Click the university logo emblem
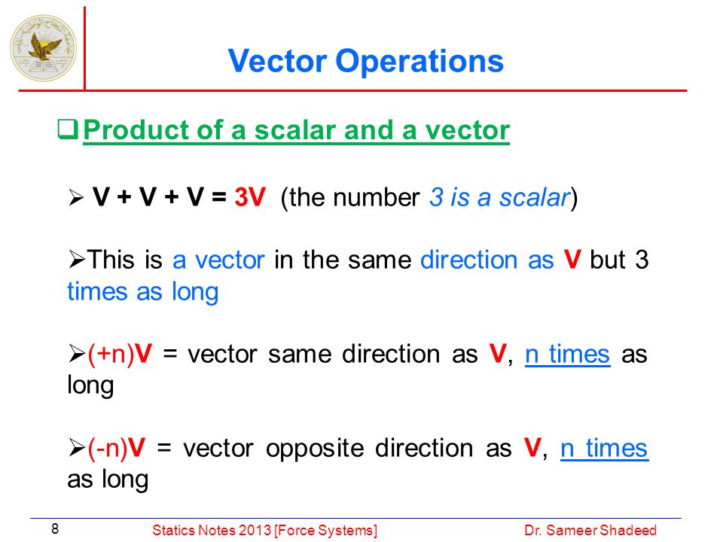click(x=44, y=48)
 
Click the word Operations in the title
click(x=419, y=62)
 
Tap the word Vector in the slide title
click(x=278, y=61)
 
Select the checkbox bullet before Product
click(x=68, y=129)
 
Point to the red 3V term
click(x=250, y=197)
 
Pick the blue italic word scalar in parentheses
click(x=535, y=198)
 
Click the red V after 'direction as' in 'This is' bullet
click(x=572, y=259)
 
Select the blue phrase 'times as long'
click(x=143, y=293)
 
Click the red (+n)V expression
click(x=120, y=355)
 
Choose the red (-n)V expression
click(x=117, y=449)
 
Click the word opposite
click(x=315, y=449)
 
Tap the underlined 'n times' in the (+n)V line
click(x=568, y=355)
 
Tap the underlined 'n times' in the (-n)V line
click(x=605, y=449)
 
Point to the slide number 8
click(x=55, y=528)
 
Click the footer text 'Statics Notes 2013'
click(x=212, y=531)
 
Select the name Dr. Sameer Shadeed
click(x=590, y=531)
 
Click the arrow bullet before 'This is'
click(x=77, y=260)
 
